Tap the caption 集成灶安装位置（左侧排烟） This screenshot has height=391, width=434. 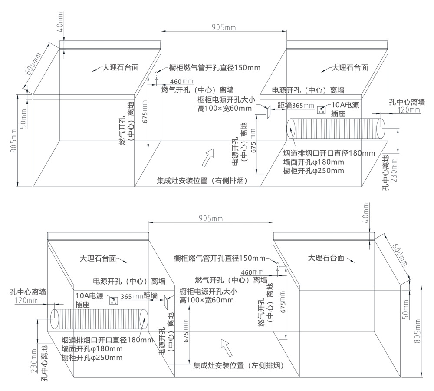click(238, 366)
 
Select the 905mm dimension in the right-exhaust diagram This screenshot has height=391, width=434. click(224, 27)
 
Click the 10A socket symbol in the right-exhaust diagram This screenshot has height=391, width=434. click(322, 110)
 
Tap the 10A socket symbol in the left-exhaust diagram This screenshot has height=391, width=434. click(114, 299)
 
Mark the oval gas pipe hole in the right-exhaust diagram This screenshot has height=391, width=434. click(155, 76)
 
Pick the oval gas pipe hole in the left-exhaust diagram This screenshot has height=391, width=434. click(278, 266)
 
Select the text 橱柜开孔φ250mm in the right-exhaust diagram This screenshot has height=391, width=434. click(313, 171)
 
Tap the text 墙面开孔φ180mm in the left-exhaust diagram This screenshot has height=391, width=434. click(92, 348)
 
